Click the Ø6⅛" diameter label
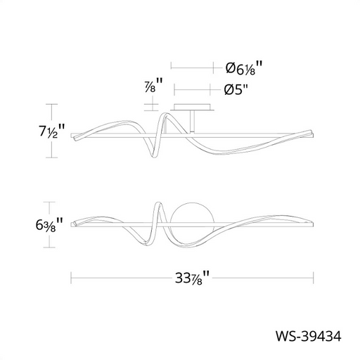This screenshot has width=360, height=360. [243, 68]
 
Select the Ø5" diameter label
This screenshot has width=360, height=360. [236, 89]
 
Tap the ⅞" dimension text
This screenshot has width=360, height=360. [153, 85]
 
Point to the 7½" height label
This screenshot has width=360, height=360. [51, 131]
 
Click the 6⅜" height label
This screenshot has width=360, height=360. [49, 224]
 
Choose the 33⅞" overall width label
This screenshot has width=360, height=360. [192, 278]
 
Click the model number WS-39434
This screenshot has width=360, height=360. [308, 336]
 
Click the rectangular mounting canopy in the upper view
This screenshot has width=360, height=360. [192, 107]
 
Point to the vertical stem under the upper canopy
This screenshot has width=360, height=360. [192, 122]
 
